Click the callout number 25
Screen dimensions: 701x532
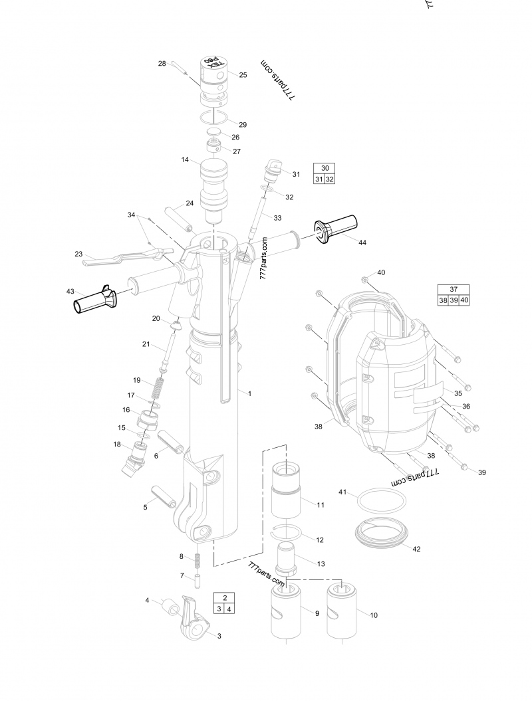[x=243, y=75]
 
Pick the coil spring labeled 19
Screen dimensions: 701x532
[x=158, y=387]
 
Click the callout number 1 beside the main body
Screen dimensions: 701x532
[x=249, y=393]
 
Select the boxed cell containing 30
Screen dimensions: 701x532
[x=325, y=168]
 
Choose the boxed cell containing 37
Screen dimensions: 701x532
[x=454, y=289]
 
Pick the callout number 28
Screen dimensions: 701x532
[x=162, y=64]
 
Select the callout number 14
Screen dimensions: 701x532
[x=186, y=159]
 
